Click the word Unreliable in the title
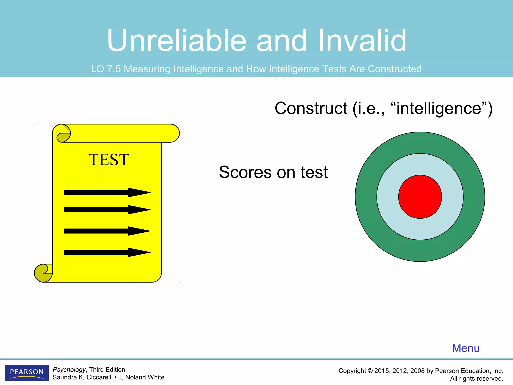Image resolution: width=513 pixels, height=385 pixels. point(177,41)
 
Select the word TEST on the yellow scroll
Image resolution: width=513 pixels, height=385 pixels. point(109,160)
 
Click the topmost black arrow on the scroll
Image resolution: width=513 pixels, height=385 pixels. point(107,192)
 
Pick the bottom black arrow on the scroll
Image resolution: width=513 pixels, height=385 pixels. point(107,252)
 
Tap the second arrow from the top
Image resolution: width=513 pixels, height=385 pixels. point(107,210)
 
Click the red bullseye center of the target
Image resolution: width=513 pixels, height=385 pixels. point(420,197)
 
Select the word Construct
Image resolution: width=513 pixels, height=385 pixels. point(311,109)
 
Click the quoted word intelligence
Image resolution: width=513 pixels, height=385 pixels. point(438,109)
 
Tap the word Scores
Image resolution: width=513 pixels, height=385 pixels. point(245,172)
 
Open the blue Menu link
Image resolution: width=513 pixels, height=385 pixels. point(466,348)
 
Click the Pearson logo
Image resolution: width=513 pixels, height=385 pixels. point(27,372)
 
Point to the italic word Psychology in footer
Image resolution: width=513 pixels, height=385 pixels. point(69,370)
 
